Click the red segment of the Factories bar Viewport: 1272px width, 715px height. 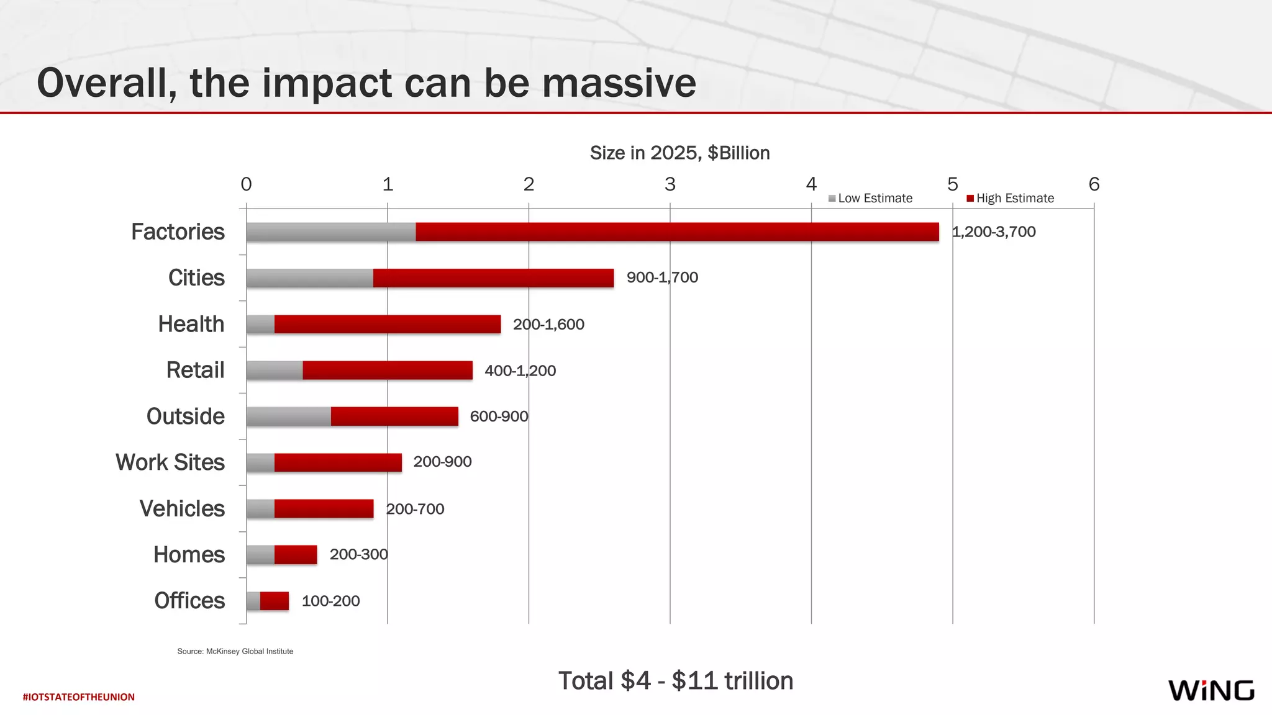tap(677, 232)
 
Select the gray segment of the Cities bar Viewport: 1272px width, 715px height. tap(309, 278)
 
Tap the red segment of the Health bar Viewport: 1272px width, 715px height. tap(388, 324)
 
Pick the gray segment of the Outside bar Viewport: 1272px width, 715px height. tap(288, 416)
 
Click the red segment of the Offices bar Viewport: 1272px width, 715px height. tap(275, 601)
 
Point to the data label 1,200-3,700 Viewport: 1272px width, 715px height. tap(994, 232)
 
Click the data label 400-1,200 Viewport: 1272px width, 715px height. tap(520, 371)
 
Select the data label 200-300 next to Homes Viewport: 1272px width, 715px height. tap(358, 554)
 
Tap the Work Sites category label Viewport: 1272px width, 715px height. tap(170, 462)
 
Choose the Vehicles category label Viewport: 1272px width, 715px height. tap(182, 509)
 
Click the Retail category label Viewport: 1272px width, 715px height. tap(195, 371)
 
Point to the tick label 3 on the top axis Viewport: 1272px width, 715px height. tap(670, 184)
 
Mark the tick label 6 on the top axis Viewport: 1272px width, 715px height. tap(1094, 184)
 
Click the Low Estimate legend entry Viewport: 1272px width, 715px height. tap(871, 199)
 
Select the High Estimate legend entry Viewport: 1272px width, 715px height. tap(1011, 199)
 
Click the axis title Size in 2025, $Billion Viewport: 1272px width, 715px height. tap(679, 153)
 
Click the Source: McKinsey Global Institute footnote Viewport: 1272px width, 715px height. tap(235, 651)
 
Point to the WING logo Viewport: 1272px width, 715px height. tap(1211, 690)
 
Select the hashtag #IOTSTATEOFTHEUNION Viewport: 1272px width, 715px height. tap(79, 697)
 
